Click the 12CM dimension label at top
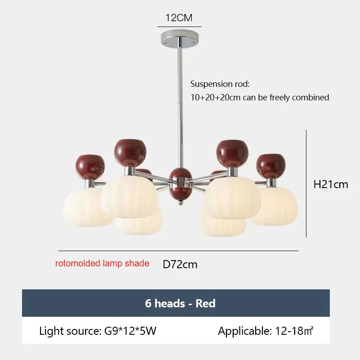179,18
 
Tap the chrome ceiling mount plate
180,38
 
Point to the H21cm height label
331,184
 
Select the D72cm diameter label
180,265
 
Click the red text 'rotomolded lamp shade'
102,263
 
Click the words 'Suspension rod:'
220,84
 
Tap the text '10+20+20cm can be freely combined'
260,97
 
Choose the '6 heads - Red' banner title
180,303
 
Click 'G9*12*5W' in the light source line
130,331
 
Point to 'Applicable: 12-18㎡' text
265,331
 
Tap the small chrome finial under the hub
181,202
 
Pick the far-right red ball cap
271,166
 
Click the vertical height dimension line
306,184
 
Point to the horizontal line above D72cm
178,251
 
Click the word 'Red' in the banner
206,303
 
